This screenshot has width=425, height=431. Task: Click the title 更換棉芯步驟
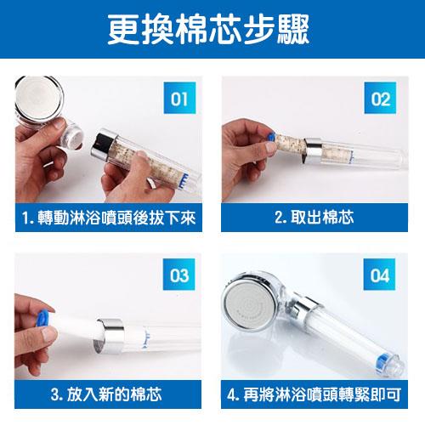(208, 29)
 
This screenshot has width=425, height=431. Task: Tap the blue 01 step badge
(179, 98)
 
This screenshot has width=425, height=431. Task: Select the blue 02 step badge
(380, 98)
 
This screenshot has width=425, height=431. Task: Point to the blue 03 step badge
(178, 275)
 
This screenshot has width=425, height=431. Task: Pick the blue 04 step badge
(379, 275)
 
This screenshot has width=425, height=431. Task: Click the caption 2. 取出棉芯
(314, 218)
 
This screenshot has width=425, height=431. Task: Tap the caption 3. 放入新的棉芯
(106, 394)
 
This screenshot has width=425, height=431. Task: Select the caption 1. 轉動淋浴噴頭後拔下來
(109, 218)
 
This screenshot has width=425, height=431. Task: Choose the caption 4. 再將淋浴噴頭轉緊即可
(314, 394)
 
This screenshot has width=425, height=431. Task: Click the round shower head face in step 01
(39, 98)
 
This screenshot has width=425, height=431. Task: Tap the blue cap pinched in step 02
(270, 138)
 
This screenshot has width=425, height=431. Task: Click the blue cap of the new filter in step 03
(42, 318)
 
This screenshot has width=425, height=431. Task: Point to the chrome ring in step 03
(109, 336)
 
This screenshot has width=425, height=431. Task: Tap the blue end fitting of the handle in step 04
(382, 364)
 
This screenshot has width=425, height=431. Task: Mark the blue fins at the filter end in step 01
(185, 179)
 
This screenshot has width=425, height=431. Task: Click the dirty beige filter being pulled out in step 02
(290, 144)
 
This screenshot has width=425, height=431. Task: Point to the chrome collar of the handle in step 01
(104, 145)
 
